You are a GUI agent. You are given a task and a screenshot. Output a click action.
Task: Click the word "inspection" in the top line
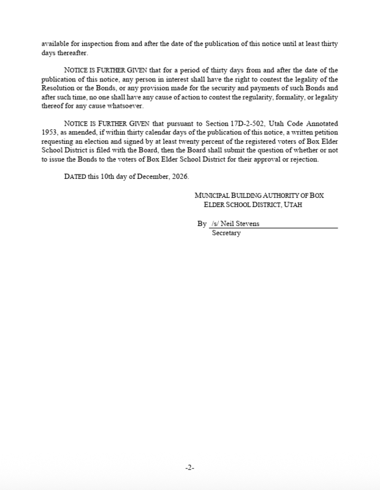(x=90, y=45)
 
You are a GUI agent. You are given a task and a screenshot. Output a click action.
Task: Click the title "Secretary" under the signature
(x=226, y=233)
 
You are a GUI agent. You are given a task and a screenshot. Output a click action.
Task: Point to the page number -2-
(x=190, y=467)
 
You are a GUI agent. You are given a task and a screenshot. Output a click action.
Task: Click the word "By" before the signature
(x=202, y=224)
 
